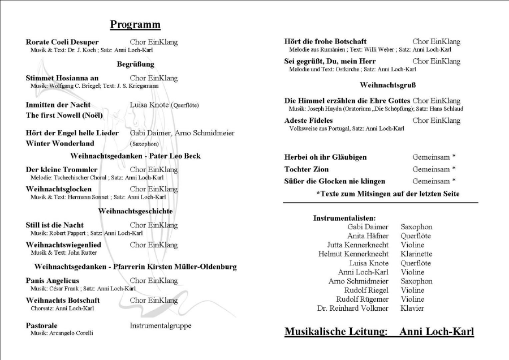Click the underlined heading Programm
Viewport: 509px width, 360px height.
coord(135,24)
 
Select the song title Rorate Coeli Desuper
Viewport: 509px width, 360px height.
coord(62,42)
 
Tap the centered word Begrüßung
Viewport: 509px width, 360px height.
coord(136,64)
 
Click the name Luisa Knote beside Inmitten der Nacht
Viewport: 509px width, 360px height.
coord(150,105)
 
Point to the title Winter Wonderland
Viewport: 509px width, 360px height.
coord(60,143)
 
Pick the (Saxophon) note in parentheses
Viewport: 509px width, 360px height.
coord(144,144)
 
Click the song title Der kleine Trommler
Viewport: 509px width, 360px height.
coord(62,169)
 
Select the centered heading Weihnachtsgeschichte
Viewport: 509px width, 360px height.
coord(135,211)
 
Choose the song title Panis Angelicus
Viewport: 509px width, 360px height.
coord(53,281)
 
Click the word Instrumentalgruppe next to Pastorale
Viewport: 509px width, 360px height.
coord(161,325)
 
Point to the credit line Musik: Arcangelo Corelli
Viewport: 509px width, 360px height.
coord(62,333)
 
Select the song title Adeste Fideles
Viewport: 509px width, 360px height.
coord(308,121)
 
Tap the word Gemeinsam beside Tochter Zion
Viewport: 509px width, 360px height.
coord(432,169)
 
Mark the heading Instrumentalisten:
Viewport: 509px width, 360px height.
coord(344,218)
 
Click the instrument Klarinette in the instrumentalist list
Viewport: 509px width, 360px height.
coord(416,254)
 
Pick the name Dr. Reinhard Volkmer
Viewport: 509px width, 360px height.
coord(353,308)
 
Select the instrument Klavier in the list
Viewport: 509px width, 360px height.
coord(412,308)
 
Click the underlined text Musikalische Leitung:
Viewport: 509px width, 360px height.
coord(337,332)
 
